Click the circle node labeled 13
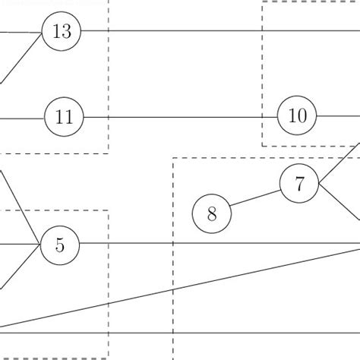pyautogui.click(x=62, y=31)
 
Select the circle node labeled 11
pyautogui.click(x=64, y=118)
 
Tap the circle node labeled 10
pyautogui.click(x=297, y=116)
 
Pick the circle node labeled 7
pyautogui.click(x=299, y=184)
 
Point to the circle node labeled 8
pyautogui.click(x=212, y=214)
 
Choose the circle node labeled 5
pyautogui.click(x=60, y=245)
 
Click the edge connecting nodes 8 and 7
pyautogui.click(x=255, y=198)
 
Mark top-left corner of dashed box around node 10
pyautogui.click(x=263, y=2)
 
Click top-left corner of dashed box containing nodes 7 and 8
pyautogui.click(x=174, y=159)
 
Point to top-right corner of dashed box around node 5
pyautogui.click(x=108, y=211)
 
